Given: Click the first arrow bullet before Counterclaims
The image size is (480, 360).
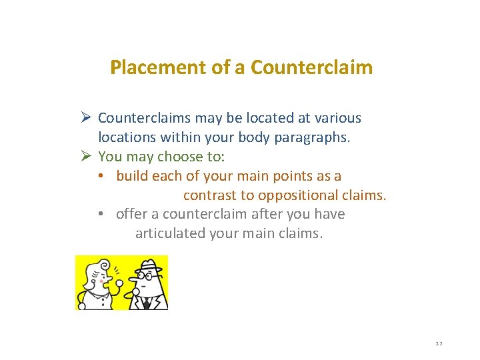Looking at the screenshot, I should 85,118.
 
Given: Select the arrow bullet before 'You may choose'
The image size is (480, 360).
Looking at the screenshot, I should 85,157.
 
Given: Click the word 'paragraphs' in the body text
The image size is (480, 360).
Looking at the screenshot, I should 313,138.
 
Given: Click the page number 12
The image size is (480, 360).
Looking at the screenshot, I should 439,343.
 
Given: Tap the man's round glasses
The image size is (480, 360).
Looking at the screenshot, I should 146,274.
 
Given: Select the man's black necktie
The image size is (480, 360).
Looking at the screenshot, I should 146,303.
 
